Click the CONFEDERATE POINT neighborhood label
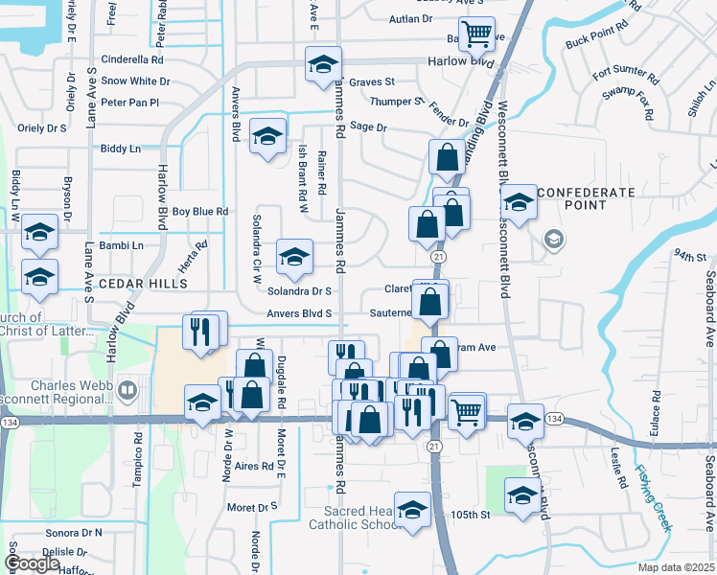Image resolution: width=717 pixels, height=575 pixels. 586,198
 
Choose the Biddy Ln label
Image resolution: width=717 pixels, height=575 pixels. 121,149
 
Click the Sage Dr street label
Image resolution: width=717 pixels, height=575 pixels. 368,126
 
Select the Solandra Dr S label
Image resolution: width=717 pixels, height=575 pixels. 299,290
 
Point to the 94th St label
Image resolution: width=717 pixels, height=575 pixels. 688,256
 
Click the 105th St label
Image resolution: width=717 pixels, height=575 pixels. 471,515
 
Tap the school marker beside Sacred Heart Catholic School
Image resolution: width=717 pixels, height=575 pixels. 413,509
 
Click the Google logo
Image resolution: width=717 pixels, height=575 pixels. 33,563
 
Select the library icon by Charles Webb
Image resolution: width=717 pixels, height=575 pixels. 128,390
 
